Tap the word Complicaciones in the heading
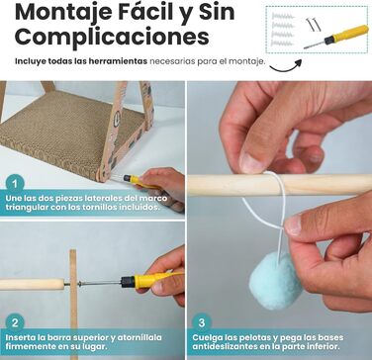tap(112, 37)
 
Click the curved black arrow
tap(286, 65)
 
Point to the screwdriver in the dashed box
tap(335, 37)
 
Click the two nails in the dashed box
tap(312, 25)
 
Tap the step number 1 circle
tap(15, 184)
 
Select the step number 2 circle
tap(15, 322)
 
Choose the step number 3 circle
tap(202, 322)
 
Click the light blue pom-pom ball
tap(275, 280)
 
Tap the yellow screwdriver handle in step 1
tap(140, 181)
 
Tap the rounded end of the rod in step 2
tap(61, 284)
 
